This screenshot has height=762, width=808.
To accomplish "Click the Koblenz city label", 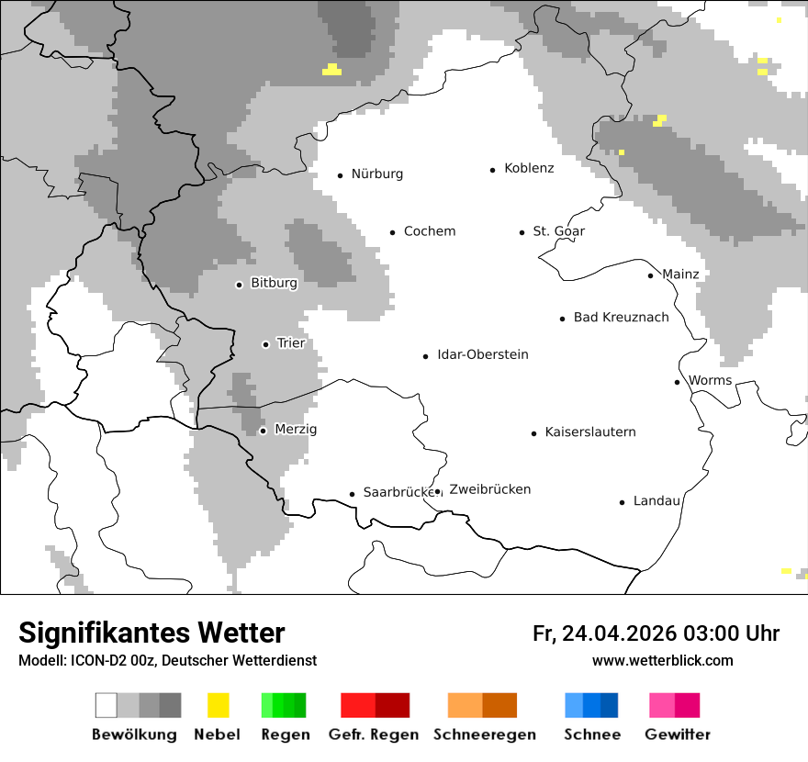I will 529,169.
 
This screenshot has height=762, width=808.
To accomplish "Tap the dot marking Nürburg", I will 340,175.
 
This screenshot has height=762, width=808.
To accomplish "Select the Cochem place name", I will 430,231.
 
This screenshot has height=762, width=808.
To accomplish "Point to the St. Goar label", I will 559,231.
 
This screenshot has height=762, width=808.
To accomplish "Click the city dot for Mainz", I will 651,275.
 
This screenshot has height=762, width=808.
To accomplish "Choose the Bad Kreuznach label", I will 621,318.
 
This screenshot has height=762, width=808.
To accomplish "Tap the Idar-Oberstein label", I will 483,355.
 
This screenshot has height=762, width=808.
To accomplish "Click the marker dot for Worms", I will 678,382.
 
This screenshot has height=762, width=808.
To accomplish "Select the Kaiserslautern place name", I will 590,432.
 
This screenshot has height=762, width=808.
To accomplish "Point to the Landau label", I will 656,501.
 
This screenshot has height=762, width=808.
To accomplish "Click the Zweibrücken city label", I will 490,490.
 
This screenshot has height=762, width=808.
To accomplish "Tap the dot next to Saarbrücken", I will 352,494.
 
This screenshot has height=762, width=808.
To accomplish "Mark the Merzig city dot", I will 263,431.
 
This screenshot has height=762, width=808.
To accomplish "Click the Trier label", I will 291,343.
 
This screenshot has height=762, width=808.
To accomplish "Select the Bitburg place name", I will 274,284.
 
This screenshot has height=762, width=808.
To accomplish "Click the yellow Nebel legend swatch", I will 218,705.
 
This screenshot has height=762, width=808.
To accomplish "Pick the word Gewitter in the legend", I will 678,734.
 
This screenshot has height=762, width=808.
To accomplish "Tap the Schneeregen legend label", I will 485,734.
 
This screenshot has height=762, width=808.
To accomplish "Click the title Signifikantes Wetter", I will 151,633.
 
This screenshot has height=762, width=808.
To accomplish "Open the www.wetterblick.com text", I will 662,661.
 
